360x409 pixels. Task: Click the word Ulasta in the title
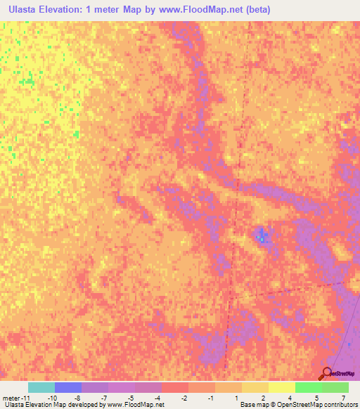[x=25, y=10]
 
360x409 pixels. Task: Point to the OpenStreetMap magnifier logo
[x=326, y=374]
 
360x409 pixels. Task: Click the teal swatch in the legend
[x=41, y=387]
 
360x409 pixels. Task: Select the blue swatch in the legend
[x=68, y=387]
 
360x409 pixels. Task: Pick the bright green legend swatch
[x=308, y=387]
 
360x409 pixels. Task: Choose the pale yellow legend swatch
[x=281, y=387]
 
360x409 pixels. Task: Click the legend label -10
[x=51, y=397]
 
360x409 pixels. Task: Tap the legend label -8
[x=78, y=397]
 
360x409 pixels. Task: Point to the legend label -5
[x=131, y=397]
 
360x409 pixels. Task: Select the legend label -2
[x=184, y=397]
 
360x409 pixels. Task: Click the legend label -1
[x=211, y=397]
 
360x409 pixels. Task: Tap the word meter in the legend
[x=12, y=397]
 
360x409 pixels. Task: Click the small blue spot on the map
[x=261, y=235]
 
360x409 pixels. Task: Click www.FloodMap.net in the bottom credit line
[x=136, y=405]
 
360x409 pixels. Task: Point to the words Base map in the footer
[x=253, y=405]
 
